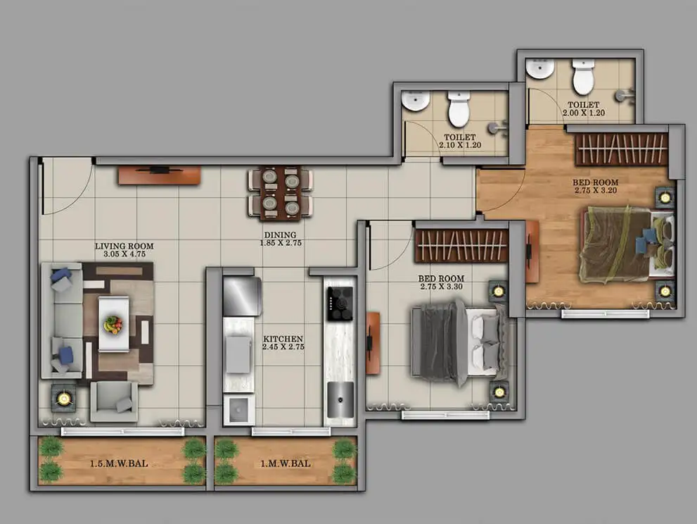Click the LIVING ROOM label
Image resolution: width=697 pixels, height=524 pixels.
point(124,247)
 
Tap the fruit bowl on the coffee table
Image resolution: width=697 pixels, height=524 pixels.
point(113,324)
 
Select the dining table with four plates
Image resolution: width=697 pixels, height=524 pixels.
point(281,194)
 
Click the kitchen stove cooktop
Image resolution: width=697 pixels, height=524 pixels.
point(340,303)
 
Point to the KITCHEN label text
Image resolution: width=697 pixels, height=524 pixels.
point(283,339)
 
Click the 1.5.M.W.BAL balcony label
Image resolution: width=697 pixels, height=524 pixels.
point(119,463)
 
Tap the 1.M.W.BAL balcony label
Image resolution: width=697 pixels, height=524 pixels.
point(286,463)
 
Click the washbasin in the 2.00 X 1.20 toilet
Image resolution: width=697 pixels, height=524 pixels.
point(539,68)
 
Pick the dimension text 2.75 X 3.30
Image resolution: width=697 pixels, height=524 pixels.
point(441,287)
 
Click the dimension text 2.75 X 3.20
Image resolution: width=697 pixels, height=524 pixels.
point(596,190)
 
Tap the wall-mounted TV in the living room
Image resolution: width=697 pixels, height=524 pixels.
point(159,174)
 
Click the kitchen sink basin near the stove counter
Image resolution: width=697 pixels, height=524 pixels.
point(340,399)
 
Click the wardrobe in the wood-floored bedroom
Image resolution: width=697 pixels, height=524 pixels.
point(622,149)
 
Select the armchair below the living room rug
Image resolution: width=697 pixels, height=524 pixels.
point(114,402)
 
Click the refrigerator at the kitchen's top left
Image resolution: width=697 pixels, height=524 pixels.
point(242,296)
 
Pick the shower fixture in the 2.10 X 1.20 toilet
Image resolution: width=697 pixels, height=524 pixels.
point(497,127)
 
